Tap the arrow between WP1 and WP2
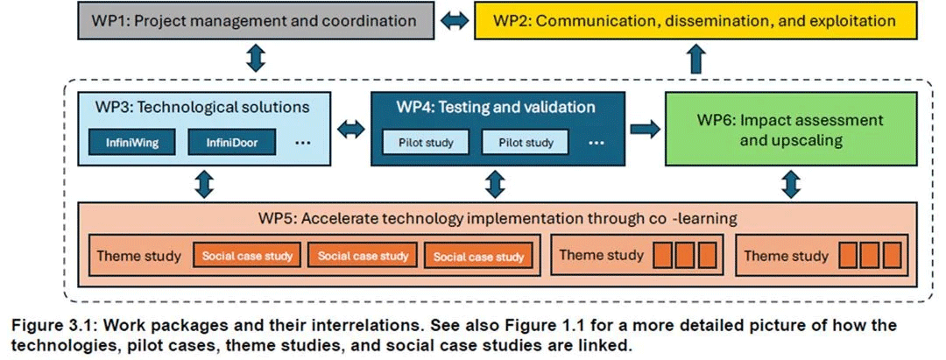pos(455,21)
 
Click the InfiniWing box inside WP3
pos(131,141)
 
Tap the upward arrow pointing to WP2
pos(695,59)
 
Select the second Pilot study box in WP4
pos(525,142)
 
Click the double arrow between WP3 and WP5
pos(205,184)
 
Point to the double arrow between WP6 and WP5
pos(790,184)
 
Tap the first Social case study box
pos(248,256)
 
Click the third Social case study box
pos(478,256)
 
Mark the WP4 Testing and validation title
pos(495,109)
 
